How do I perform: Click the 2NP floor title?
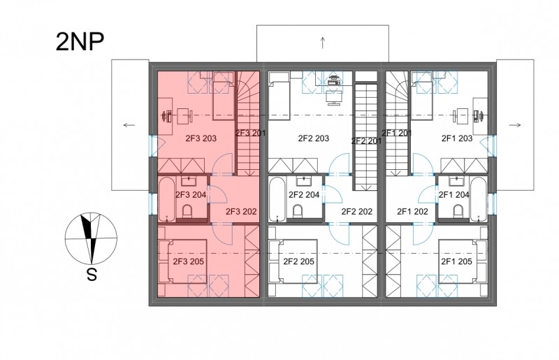[80, 42]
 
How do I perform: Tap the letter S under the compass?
[92, 275]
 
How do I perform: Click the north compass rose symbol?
[91, 238]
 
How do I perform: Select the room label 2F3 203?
[201, 138]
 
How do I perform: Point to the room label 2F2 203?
[313, 138]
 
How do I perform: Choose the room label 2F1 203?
[457, 138]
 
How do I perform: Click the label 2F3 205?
[188, 261]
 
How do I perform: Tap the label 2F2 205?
[299, 261]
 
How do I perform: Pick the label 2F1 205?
[457, 261]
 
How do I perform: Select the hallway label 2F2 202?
[357, 212]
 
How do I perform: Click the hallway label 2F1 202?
[412, 212]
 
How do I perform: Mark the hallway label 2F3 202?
[241, 212]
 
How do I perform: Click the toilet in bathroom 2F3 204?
[187, 212]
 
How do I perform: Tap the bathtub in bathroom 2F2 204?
[277, 200]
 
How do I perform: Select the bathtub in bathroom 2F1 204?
[479, 200]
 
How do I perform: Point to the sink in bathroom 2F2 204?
[303, 181]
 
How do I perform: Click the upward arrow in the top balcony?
[323, 43]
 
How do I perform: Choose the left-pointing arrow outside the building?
[129, 125]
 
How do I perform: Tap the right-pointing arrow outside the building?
[515, 125]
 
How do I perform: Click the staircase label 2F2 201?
[366, 141]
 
